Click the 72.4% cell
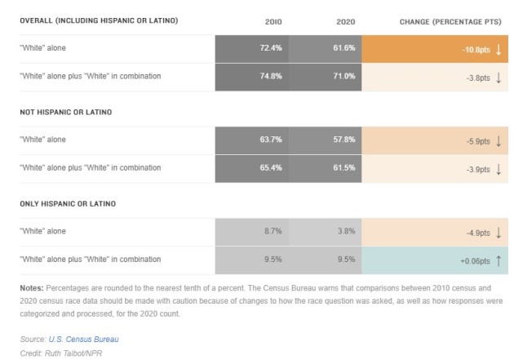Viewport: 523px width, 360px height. [271, 48]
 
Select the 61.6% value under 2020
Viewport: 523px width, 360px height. [343, 48]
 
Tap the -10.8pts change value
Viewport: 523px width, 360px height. [476, 50]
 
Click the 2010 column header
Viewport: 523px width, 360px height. [273, 22]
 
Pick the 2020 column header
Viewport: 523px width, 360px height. [346, 22]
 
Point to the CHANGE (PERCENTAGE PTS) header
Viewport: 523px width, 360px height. [450, 22]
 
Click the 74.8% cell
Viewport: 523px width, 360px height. [271, 76]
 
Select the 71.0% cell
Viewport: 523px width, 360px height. [343, 76]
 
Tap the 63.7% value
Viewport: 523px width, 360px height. [271, 140]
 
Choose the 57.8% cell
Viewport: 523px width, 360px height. [343, 140]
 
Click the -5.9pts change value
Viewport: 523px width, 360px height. [478, 141]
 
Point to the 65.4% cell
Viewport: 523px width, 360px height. [271, 167]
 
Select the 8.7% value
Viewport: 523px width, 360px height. [273, 231]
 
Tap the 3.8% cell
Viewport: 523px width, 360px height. [346, 231]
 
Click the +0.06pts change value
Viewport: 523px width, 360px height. [476, 261]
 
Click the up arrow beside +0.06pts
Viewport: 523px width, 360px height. [499, 260]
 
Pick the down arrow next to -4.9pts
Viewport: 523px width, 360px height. [499, 233]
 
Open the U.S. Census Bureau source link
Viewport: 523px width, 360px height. [83, 340]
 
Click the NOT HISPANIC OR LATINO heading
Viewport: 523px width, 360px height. [66, 112]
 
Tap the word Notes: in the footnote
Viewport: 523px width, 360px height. [32, 288]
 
